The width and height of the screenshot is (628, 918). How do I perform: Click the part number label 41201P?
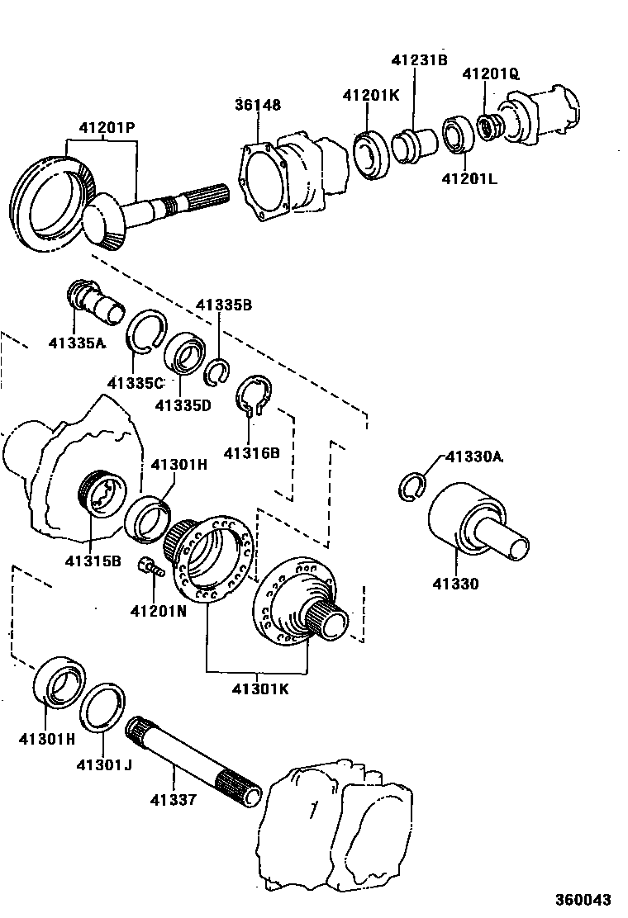tap(107, 129)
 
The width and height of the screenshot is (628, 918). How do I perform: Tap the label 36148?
tap(257, 105)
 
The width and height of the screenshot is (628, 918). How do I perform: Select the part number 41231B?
tap(419, 59)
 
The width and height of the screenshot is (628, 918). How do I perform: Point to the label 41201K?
tap(371, 95)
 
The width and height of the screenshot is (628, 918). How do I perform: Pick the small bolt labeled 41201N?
tap(153, 567)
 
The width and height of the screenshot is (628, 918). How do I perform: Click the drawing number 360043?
tap(584, 899)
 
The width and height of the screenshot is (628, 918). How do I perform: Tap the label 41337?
tap(174, 799)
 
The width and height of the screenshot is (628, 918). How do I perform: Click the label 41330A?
tap(474, 456)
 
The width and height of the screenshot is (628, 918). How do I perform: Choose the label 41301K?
tap(259, 688)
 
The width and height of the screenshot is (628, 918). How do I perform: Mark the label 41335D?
tap(183, 405)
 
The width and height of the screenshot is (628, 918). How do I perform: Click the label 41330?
tap(454, 584)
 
